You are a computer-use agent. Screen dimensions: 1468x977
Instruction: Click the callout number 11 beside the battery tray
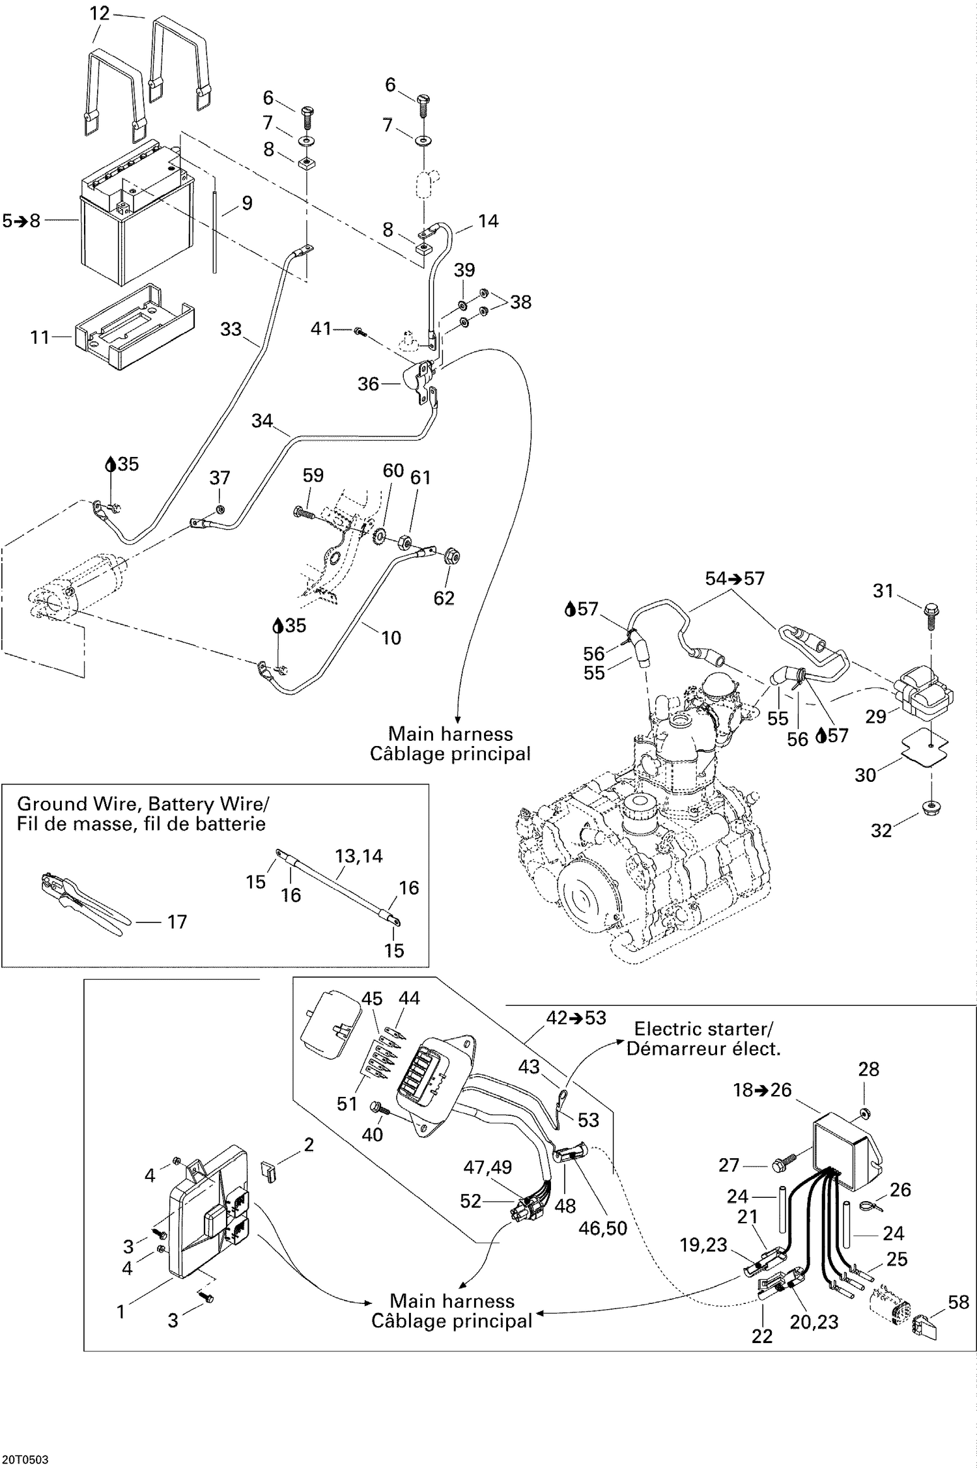[x=40, y=337]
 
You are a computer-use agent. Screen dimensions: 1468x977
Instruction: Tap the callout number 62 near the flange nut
[x=444, y=598]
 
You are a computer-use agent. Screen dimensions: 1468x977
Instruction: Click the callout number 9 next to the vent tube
[x=247, y=203]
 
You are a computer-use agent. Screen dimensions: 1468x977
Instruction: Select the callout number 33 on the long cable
[x=231, y=329]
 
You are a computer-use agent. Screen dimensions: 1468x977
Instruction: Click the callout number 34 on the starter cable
[x=262, y=421]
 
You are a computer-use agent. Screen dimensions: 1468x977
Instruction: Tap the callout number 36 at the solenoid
[x=368, y=384]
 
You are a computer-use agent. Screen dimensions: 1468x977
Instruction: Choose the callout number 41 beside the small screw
[x=321, y=329]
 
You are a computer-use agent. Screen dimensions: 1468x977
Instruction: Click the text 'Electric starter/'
[x=703, y=1029]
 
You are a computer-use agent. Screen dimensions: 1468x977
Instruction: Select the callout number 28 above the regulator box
[x=869, y=1069]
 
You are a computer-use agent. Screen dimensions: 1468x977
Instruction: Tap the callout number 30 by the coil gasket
[x=865, y=775]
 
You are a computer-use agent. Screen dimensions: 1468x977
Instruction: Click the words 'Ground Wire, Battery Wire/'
[x=143, y=804]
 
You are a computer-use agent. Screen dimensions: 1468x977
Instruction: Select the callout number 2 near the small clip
[x=309, y=1144]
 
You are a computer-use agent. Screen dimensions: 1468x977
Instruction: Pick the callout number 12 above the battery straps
[x=100, y=12]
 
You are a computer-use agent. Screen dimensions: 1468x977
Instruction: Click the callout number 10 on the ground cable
[x=391, y=637]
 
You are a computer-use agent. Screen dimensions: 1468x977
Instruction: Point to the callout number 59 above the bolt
[x=313, y=475]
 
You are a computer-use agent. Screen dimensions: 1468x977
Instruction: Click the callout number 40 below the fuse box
[x=372, y=1135]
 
